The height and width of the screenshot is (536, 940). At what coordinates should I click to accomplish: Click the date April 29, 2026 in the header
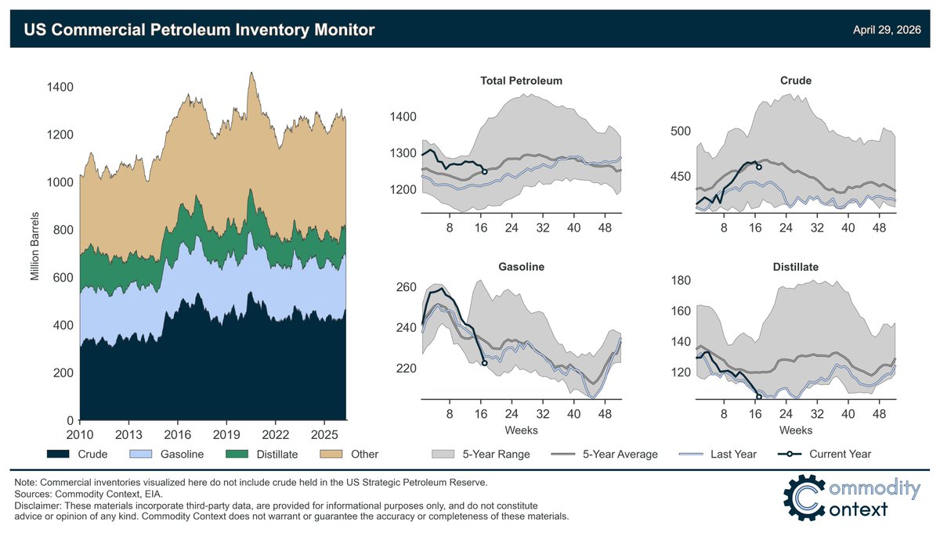click(x=887, y=31)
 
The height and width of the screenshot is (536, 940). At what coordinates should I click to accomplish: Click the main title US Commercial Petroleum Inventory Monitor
click(x=200, y=31)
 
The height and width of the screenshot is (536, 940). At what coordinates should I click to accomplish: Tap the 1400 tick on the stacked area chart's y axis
click(x=60, y=87)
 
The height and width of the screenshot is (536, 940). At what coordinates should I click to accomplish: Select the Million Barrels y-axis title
click(x=35, y=246)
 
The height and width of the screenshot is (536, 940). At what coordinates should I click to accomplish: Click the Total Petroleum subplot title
click(x=521, y=81)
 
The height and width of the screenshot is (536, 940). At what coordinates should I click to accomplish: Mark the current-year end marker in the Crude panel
click(x=758, y=167)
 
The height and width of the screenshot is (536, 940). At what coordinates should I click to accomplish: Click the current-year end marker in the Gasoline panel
click(x=484, y=363)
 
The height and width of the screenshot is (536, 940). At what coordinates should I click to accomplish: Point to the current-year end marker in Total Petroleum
click(x=484, y=171)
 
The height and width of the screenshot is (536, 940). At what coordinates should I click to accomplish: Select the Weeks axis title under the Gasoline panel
click(x=521, y=430)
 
